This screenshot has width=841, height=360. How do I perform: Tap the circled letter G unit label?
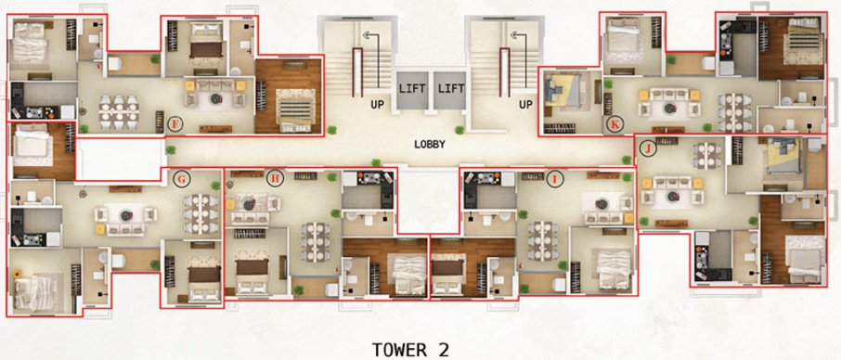[182, 178]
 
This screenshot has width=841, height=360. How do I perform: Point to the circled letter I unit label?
[555, 179]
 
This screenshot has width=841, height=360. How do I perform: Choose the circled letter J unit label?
[649, 147]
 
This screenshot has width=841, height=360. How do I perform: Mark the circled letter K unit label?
[614, 122]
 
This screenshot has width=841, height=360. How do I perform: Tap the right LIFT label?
[450, 88]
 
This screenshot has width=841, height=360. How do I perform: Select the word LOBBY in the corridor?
[431, 145]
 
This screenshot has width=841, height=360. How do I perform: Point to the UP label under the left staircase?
[378, 105]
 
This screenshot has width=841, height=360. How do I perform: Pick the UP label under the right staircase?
[525, 105]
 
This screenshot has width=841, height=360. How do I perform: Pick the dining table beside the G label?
[200, 212]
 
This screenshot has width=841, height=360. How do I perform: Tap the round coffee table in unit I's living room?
[601, 202]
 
